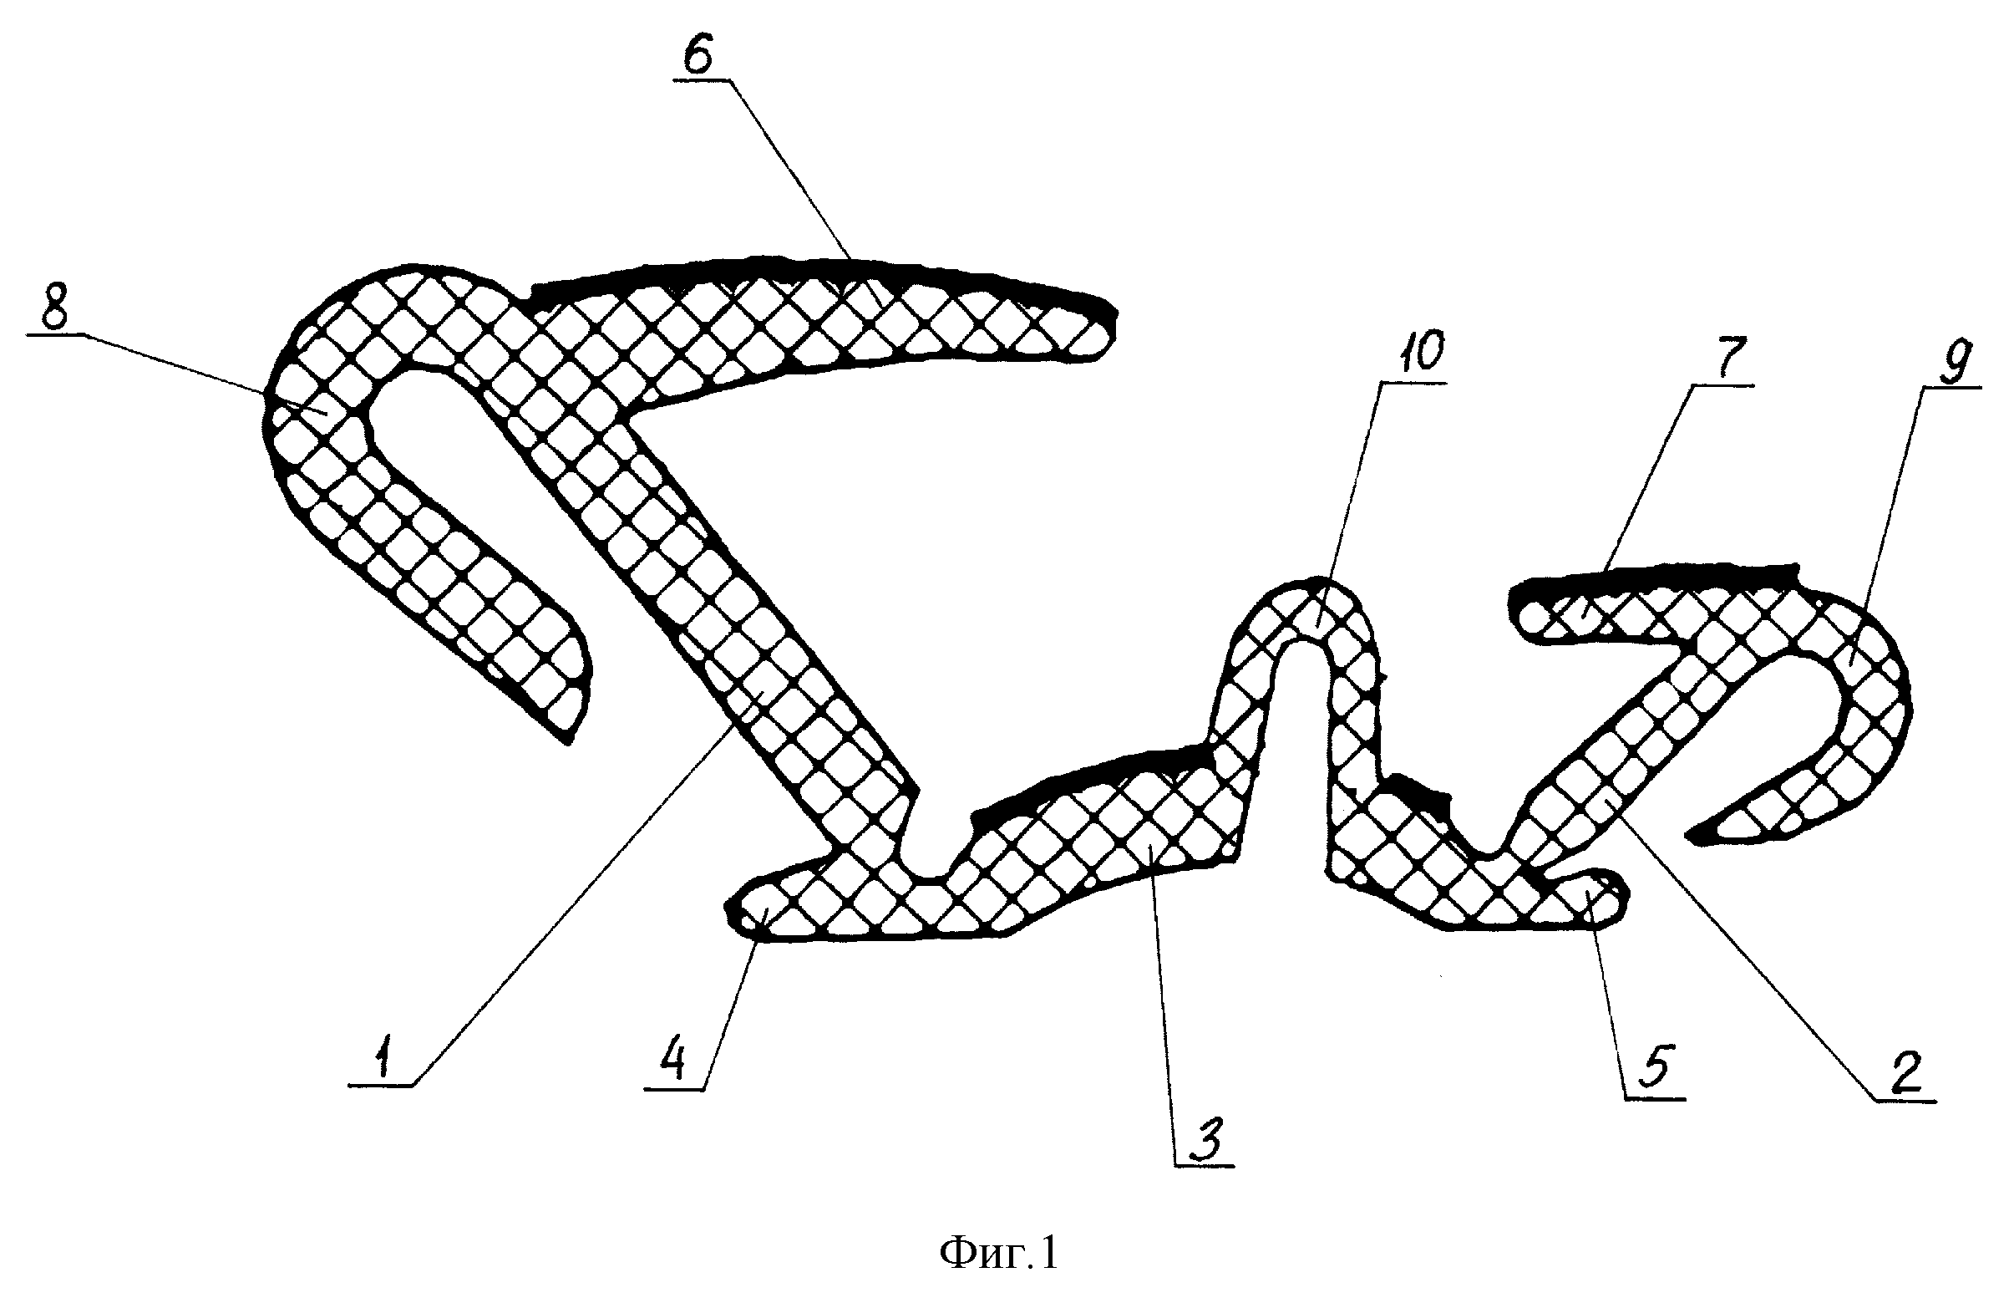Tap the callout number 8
coord(55,313)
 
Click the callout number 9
coord(1956,362)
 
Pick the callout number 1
coord(384,1060)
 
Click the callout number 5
coord(1655,1066)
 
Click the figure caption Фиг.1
coord(998,1252)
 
